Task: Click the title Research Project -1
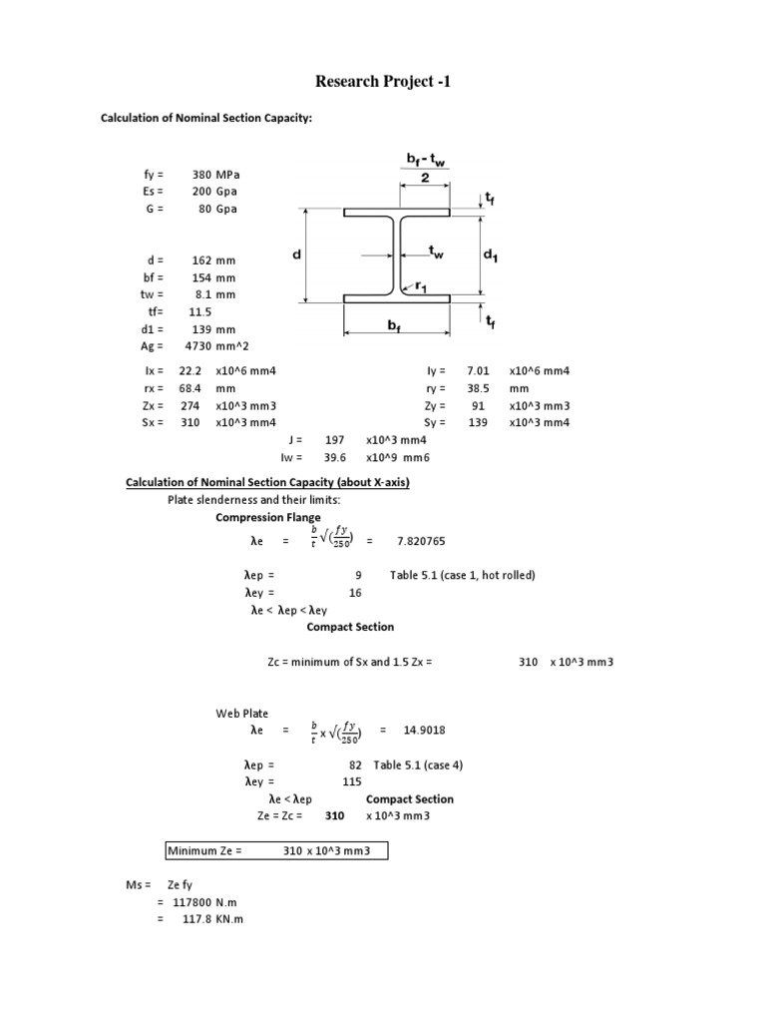pos(383,81)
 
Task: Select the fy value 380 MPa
pos(210,174)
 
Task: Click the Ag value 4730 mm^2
pos(209,346)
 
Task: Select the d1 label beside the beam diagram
pos(491,255)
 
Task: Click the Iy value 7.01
pos(478,370)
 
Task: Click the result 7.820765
pos(421,541)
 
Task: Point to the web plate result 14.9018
pos(424,731)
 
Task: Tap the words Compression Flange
pos(268,517)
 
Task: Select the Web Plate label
pos(243,713)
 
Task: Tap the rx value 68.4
pos(190,388)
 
